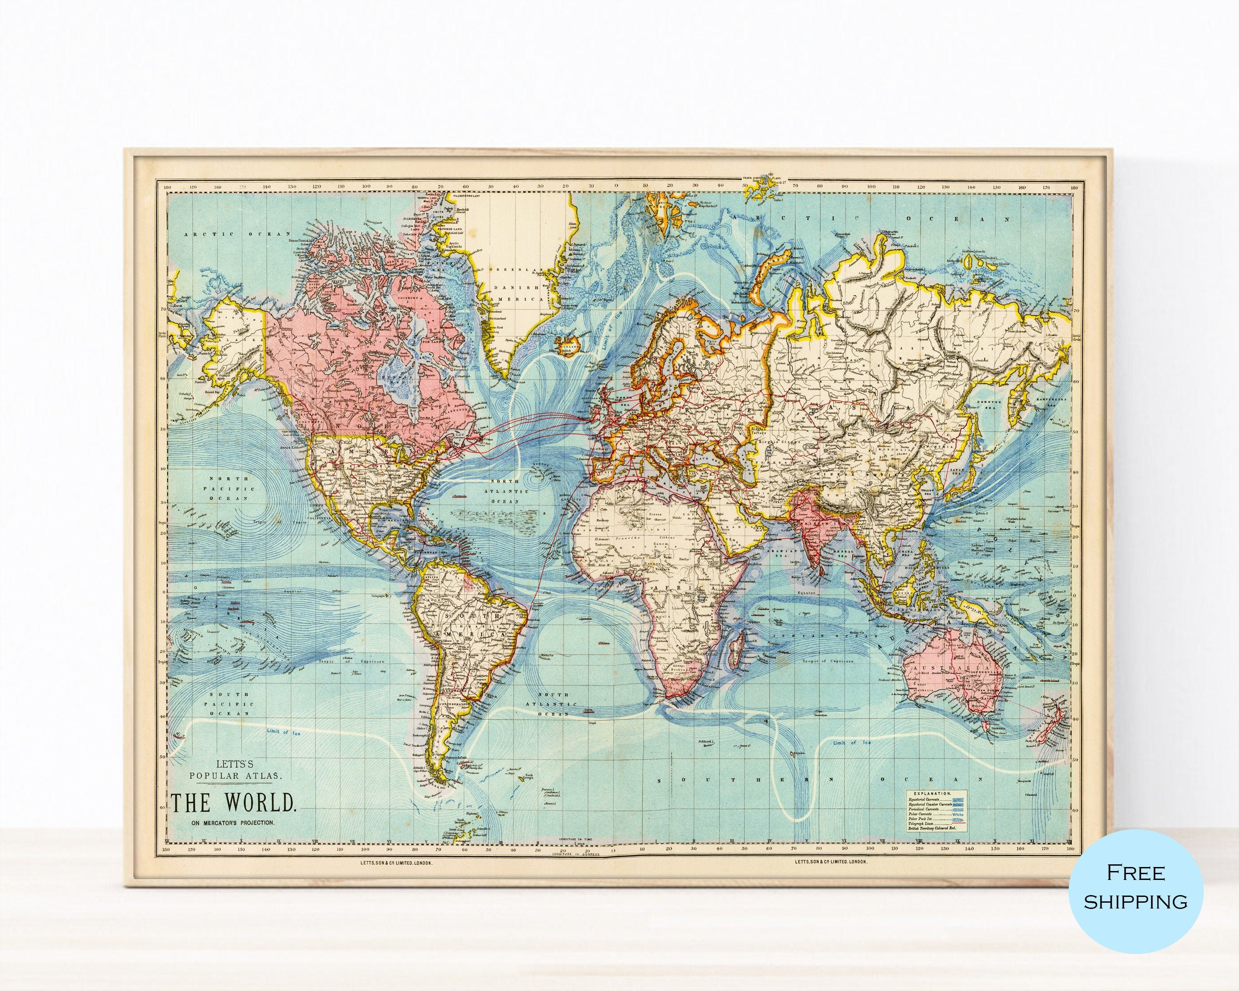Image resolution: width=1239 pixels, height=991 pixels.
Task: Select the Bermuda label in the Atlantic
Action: (460, 495)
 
